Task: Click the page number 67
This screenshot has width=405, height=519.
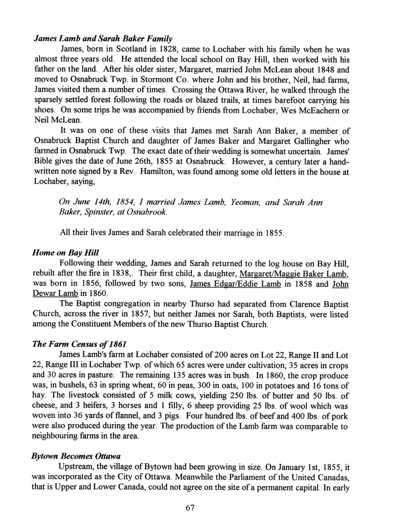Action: (190, 508)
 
